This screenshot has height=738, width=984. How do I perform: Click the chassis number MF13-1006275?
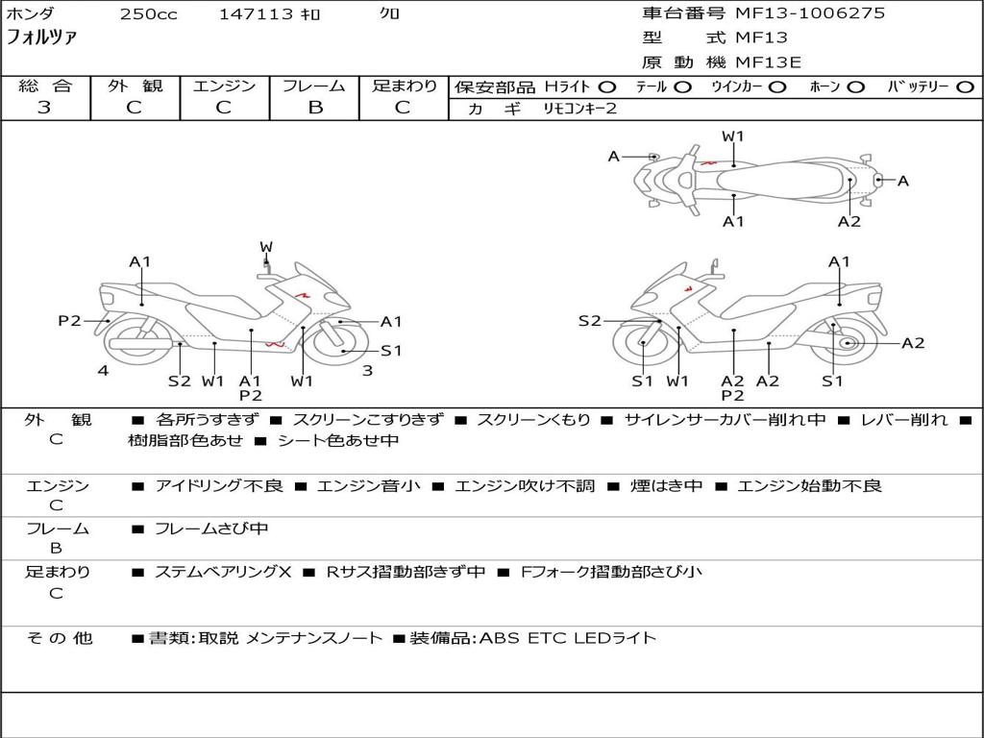coord(810,13)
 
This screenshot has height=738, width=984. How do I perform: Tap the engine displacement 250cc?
coord(148,14)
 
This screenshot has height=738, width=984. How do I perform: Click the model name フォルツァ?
coord(42,38)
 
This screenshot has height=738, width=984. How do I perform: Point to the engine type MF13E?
coord(768,62)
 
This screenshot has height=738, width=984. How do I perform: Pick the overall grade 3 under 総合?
coord(44,108)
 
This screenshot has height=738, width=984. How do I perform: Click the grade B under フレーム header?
coord(315,108)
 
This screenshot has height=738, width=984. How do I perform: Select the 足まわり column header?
coord(405,86)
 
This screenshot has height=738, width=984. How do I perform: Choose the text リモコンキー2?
coord(580,109)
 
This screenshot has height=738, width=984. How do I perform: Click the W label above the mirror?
coord(266,247)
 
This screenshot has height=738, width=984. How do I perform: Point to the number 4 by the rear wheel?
coord(103,371)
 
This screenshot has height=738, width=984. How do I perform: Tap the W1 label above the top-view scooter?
coord(733,136)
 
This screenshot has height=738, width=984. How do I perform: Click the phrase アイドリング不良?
coord(219,486)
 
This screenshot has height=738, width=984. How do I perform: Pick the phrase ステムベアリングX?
coord(223,572)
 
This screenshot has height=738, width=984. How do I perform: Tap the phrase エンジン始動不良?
coord(809,486)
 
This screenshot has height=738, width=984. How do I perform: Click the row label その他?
coord(59,638)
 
